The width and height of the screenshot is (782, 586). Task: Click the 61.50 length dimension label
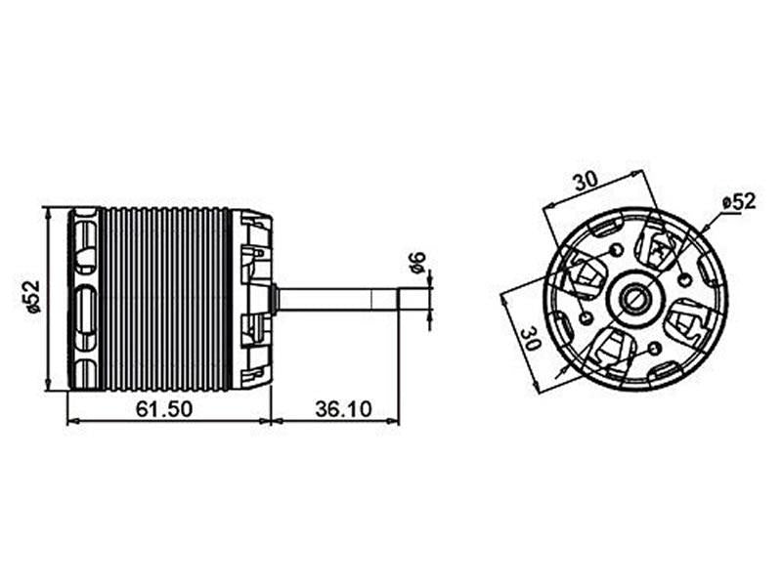tap(164, 408)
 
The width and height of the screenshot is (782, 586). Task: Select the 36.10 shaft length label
tap(342, 408)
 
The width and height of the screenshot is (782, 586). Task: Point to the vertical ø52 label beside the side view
tap(33, 297)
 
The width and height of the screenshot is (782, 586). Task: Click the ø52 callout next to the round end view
tap(739, 201)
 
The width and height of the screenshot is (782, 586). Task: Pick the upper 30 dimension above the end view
tap(586, 181)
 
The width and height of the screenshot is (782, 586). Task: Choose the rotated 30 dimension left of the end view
tap(528, 338)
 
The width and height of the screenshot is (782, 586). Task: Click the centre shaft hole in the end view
tap(634, 297)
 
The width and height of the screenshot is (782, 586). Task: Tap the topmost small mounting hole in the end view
tap(615, 250)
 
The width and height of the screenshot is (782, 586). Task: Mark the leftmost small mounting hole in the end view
tap(585, 317)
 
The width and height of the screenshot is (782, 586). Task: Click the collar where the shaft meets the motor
tap(277, 298)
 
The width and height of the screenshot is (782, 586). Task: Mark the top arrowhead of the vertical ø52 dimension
tap(48, 211)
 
